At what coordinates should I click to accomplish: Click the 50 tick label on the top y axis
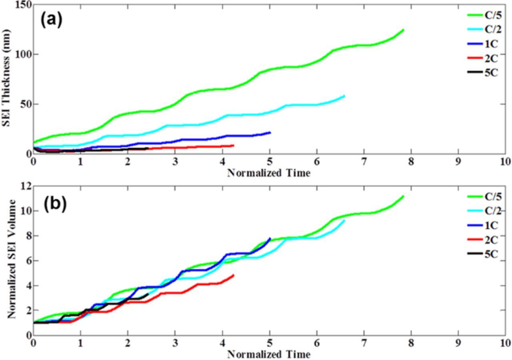tap(24, 104)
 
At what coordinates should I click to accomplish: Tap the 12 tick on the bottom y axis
tap(26, 186)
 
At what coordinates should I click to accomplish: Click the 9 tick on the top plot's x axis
tap(458, 162)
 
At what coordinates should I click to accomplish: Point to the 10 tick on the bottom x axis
tap(505, 343)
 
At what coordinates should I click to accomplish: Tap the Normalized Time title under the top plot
tap(269, 173)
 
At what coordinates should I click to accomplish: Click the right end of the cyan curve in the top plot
tap(344, 96)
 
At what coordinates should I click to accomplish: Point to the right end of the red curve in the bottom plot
tap(233, 275)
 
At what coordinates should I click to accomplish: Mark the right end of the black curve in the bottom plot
tap(148, 294)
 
